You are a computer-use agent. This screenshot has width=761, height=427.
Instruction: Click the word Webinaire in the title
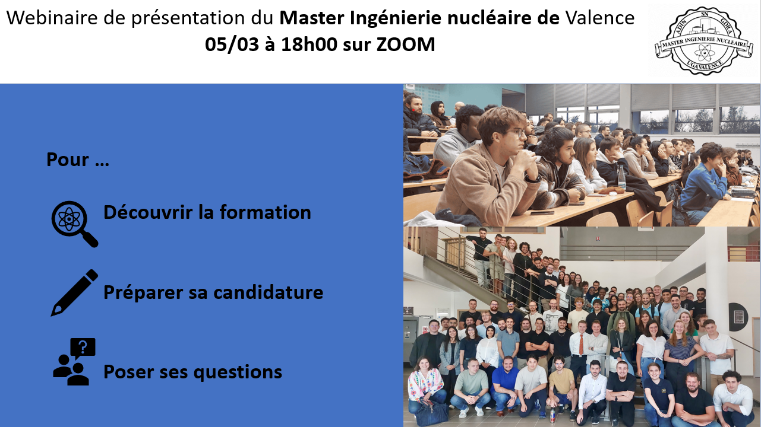[52, 18]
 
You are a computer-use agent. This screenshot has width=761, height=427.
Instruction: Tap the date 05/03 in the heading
[232, 44]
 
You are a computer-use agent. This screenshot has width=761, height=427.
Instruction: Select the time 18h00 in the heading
[309, 44]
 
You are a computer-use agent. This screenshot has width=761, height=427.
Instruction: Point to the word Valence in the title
[600, 18]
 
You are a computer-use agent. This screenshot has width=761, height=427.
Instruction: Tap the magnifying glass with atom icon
[74, 224]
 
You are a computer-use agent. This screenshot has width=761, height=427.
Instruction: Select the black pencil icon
[74, 293]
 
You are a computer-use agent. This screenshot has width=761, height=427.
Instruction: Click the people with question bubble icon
[74, 362]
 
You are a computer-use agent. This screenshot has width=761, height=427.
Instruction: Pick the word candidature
[268, 292]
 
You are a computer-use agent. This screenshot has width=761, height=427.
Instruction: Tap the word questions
[238, 372]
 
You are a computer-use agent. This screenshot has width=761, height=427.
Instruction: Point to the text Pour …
[78, 160]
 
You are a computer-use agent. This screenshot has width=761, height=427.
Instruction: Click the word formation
[266, 212]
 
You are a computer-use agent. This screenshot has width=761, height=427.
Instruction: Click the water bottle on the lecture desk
[621, 177]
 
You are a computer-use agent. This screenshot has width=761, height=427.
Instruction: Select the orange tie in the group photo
[580, 344]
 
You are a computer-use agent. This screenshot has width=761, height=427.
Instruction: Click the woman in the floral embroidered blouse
[425, 387]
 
